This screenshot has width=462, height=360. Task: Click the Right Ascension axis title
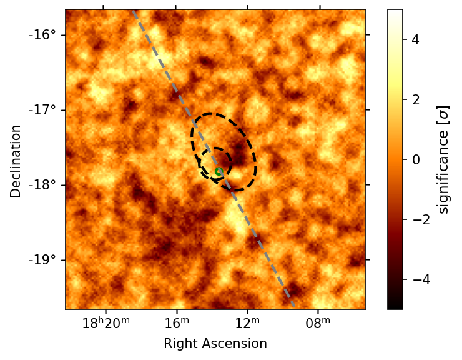click(215, 344)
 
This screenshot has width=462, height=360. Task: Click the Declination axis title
click(16, 161)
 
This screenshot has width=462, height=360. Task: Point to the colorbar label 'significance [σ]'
click(443, 159)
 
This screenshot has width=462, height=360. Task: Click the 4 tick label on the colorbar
click(415, 40)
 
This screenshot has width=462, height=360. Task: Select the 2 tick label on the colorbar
click(415, 99)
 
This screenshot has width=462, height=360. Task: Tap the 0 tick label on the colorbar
click(415, 159)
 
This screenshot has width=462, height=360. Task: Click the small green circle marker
click(219, 171)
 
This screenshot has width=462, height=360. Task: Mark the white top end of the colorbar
click(395, 11)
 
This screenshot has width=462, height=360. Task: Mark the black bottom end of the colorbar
click(395, 307)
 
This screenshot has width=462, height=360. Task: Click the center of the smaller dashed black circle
click(215, 164)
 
